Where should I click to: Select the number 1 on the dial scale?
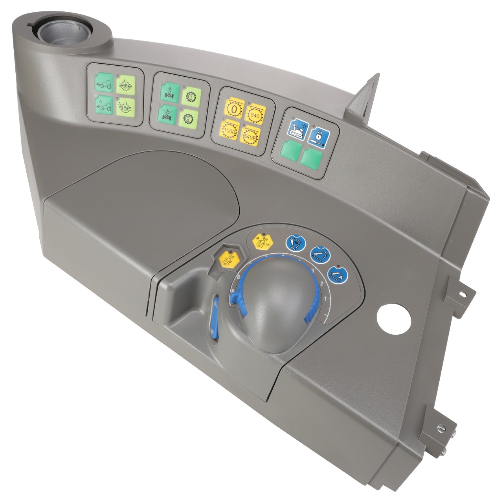click(325, 299)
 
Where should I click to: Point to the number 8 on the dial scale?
click(238, 277)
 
